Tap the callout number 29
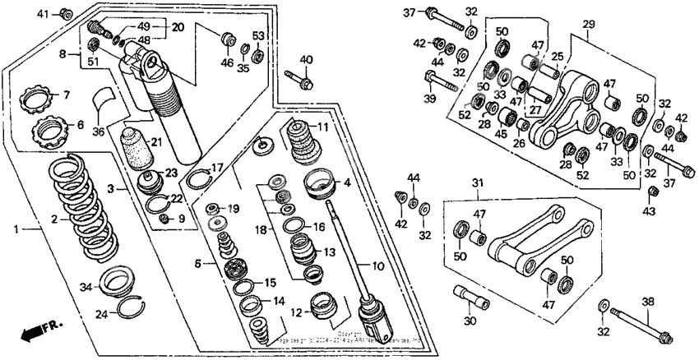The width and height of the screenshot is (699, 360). click(587, 26)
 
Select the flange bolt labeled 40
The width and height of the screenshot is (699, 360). click(298, 81)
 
